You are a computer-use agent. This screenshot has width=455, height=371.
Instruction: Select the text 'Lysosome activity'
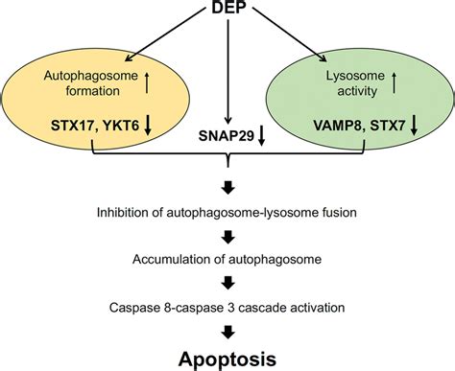pos(353,83)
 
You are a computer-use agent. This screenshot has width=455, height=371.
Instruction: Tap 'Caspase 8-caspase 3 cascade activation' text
pos(227,307)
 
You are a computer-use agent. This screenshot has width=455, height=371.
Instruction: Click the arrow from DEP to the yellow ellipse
pos(168,36)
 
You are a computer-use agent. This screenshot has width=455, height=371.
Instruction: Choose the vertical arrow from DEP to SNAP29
pos(227,67)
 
